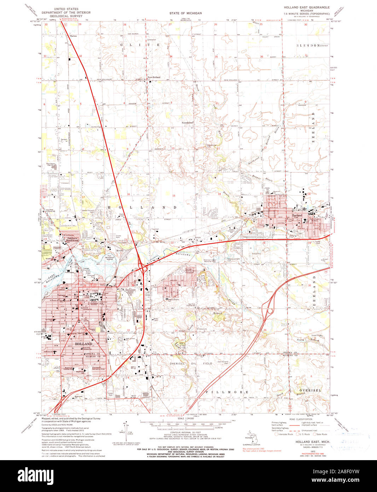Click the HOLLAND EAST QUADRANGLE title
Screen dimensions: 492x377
point(307,7)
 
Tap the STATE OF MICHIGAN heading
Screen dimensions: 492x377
point(185,13)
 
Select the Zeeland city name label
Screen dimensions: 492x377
point(297,215)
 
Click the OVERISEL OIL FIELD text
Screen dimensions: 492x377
point(191,363)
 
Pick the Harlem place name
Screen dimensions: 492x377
point(74,36)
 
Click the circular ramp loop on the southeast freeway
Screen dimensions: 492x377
point(270,311)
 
